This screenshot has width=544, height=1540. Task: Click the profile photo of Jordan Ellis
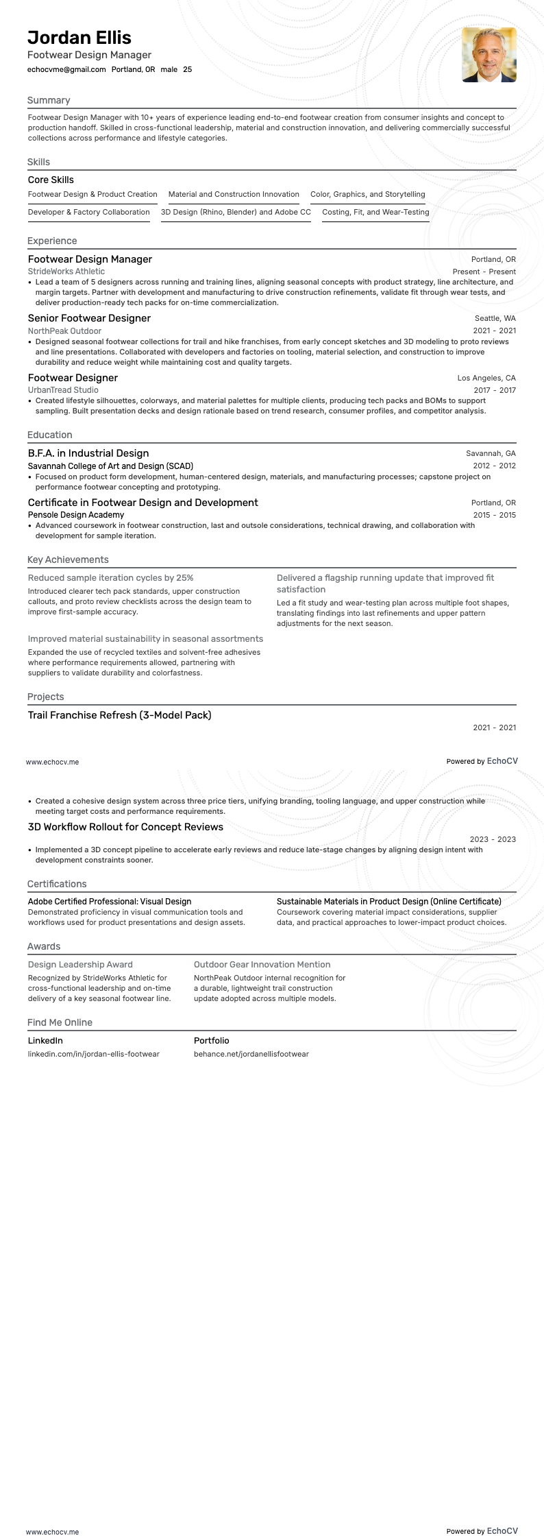(489, 55)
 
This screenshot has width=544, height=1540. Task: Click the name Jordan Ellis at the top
(79, 38)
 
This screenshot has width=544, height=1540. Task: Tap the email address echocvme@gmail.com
(66, 69)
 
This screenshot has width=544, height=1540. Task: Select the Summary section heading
(49, 100)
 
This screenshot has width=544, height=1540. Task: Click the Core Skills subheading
(51, 180)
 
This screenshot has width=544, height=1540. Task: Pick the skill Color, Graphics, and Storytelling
(367, 194)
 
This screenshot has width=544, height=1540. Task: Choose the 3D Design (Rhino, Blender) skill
(236, 212)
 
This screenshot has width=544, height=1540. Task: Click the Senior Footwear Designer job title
(89, 318)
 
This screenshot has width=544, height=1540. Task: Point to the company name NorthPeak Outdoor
(64, 331)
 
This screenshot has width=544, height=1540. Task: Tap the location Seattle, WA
(495, 318)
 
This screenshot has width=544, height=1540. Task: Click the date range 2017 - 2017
(494, 390)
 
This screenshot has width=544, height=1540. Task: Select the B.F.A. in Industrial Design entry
(88, 453)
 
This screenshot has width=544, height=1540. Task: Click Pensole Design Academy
(76, 515)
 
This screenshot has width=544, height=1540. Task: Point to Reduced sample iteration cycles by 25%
(110, 578)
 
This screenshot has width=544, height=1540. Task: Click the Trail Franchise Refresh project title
(119, 715)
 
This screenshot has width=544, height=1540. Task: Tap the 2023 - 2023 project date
(493, 839)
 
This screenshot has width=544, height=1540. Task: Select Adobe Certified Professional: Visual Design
(110, 901)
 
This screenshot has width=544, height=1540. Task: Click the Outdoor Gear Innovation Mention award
(262, 964)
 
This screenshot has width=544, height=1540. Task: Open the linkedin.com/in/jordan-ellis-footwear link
(93, 1054)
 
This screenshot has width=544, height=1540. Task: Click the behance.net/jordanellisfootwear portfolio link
(251, 1054)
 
